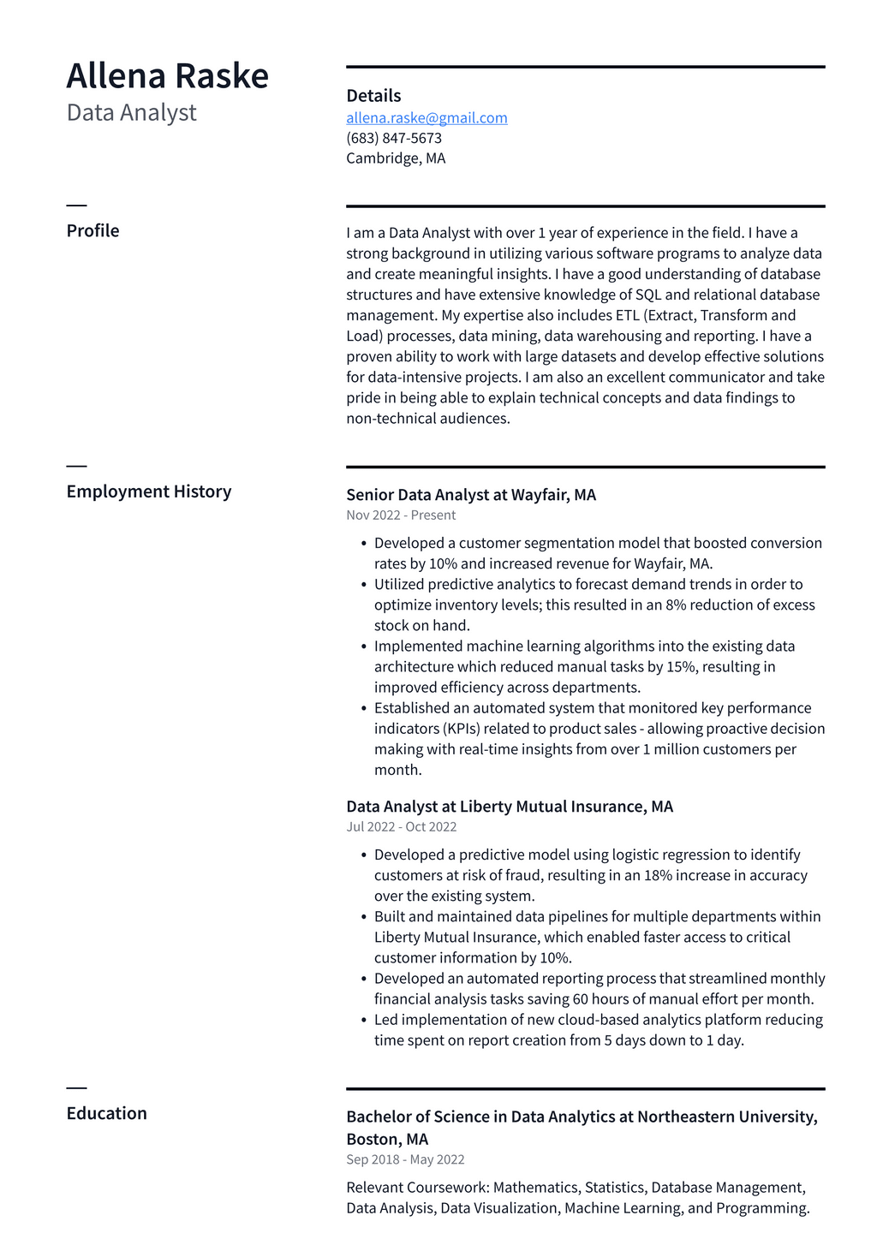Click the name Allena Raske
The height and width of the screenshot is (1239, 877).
tap(167, 76)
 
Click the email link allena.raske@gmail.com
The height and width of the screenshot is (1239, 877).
tap(427, 118)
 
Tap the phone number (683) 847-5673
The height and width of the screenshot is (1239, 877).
tap(394, 138)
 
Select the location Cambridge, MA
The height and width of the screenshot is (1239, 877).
tap(396, 158)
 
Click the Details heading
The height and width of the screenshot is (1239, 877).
tap(373, 96)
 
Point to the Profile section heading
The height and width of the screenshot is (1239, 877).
tap(92, 231)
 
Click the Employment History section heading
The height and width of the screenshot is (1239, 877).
tap(149, 491)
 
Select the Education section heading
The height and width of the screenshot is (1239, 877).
tap(107, 1113)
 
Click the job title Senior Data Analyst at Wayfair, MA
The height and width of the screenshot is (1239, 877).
tap(471, 495)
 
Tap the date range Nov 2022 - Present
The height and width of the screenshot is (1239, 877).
tap(401, 515)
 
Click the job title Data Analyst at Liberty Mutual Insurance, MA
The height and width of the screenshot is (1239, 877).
tap(510, 807)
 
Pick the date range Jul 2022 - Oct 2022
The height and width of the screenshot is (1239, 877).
tap(401, 827)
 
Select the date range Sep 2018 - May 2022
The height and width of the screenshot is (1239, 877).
tap(405, 1159)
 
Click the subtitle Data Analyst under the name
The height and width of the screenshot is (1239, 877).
tap(131, 113)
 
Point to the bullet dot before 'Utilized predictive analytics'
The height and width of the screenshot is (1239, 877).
tap(364, 585)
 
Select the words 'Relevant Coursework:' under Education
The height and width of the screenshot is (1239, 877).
tap(417, 1188)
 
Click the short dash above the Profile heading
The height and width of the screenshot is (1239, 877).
tap(76, 206)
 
